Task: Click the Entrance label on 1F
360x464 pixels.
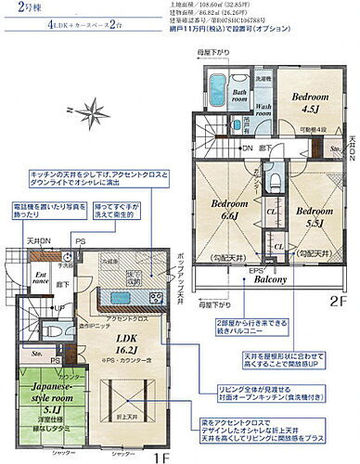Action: click(x=18, y=277)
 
